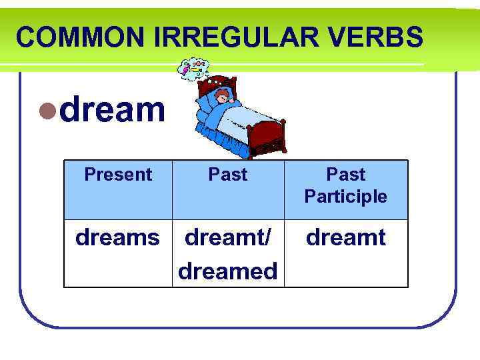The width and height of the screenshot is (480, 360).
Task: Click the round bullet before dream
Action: coord(47,110)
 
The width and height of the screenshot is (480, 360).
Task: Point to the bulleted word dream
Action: coord(112,109)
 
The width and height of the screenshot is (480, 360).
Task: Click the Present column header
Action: coord(118,175)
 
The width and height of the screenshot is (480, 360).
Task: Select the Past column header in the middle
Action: coord(228,175)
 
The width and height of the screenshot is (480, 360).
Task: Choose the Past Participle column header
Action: coord(345,185)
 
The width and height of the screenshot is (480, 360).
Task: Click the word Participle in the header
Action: coord(345,197)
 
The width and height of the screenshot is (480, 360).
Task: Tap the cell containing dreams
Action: coord(118,238)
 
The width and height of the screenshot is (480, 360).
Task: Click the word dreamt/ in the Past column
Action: coord(228,238)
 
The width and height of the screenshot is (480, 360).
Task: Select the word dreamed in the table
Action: coord(228,271)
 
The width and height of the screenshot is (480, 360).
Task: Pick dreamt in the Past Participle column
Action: coord(345,238)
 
